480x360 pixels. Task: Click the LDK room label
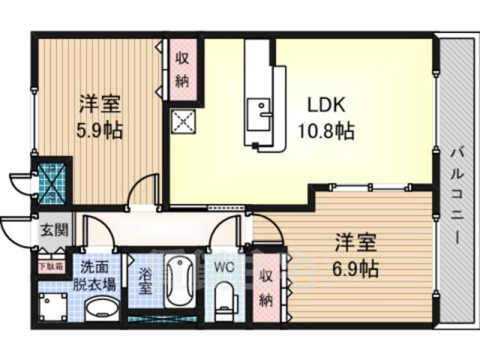325,105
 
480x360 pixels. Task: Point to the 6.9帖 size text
355,266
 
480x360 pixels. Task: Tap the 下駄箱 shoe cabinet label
50,265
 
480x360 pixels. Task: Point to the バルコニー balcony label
455,195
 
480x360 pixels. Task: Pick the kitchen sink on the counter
260,112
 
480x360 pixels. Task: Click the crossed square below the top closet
182,121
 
